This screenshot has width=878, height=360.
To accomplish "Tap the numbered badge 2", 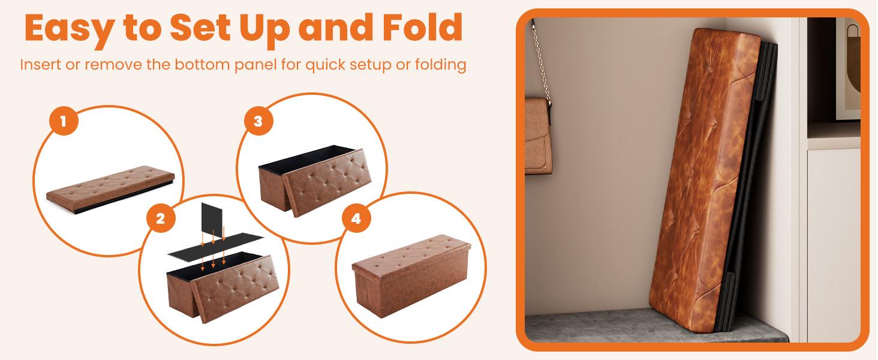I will coord(160,219).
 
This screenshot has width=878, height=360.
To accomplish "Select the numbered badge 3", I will coord(258,121).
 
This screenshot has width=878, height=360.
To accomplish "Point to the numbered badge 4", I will coord(356,219).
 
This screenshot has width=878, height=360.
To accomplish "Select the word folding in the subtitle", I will coord(437,64).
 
